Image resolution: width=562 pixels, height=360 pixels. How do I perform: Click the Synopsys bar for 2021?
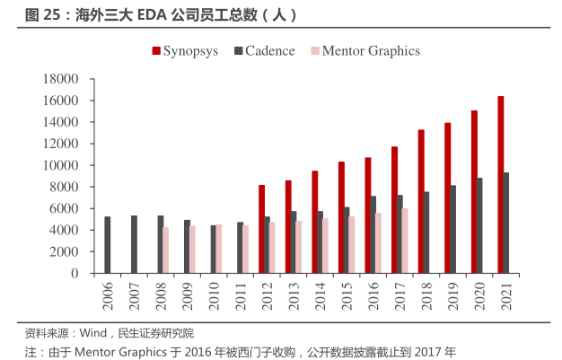(x=500, y=184)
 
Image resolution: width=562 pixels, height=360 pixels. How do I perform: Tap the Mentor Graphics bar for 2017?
(x=405, y=241)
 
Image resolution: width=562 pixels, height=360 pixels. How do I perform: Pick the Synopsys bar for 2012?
(x=261, y=229)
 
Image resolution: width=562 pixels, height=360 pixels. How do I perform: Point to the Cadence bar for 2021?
(x=507, y=223)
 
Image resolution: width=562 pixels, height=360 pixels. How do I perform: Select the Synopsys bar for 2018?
(x=421, y=201)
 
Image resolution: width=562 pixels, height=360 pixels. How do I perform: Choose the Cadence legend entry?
(x=264, y=51)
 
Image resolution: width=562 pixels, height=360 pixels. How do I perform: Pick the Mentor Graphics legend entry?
(x=364, y=51)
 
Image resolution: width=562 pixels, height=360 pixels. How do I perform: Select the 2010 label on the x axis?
(x=215, y=294)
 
